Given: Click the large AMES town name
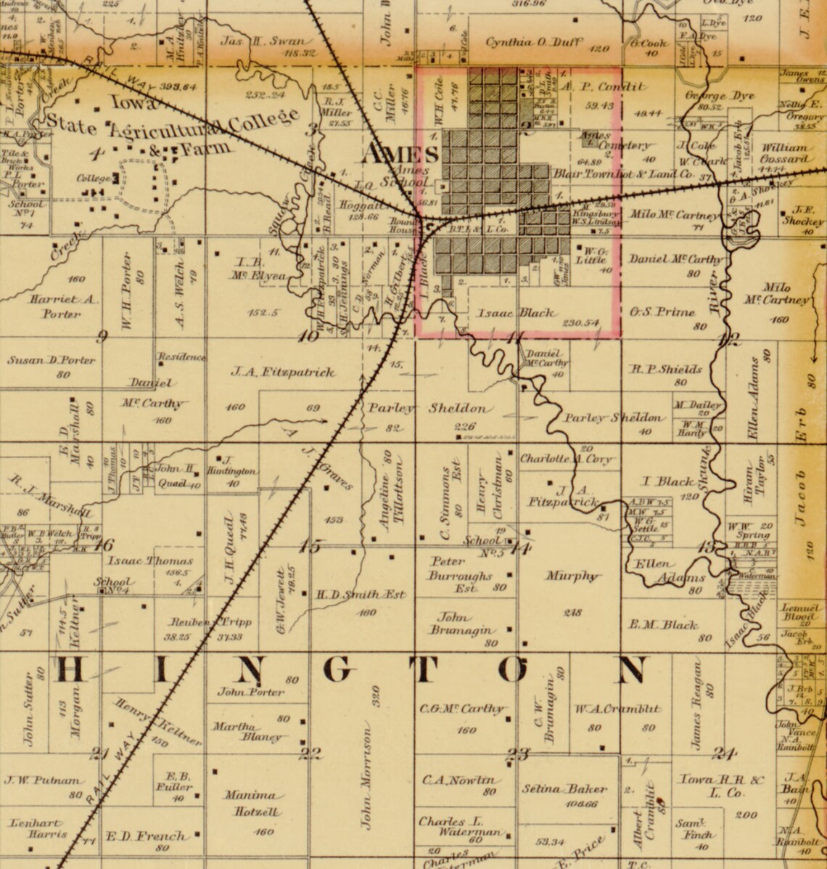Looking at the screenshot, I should click(400, 155).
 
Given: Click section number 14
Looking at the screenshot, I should click(519, 549).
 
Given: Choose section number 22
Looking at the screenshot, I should click(310, 753).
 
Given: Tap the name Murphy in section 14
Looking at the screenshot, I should click(573, 576).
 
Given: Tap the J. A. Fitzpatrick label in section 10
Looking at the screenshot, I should click(283, 372).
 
